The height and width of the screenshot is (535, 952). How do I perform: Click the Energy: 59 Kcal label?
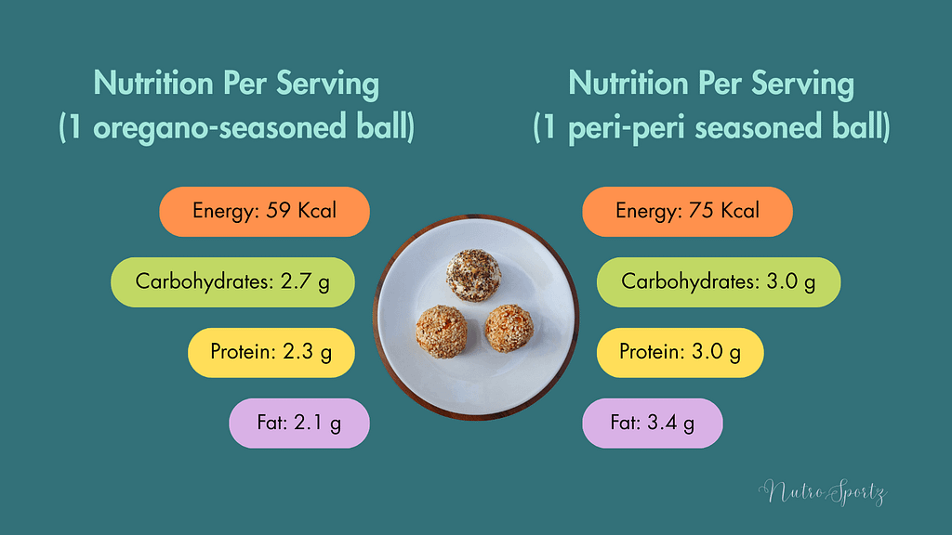pyautogui.click(x=265, y=212)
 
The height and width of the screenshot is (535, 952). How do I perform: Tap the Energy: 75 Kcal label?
pyautogui.click(x=687, y=212)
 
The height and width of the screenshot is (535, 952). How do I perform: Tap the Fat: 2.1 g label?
pyautogui.click(x=299, y=424)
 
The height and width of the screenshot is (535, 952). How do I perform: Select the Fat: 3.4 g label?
pyautogui.click(x=652, y=424)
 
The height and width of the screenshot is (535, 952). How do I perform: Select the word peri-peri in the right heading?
pyautogui.click(x=616, y=126)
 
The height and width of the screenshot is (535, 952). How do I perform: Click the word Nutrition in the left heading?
pyautogui.click(x=152, y=84)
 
